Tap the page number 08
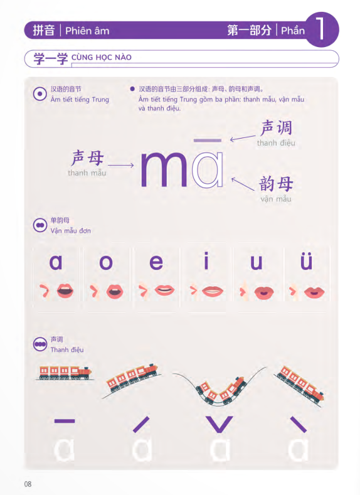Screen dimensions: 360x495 [28, 484]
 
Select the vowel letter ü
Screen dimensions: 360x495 [306, 261]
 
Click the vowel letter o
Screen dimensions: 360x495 [106, 263]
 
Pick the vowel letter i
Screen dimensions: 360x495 [206, 260]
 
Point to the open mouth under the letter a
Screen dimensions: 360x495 [65, 290]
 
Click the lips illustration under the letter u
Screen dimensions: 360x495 [264, 292]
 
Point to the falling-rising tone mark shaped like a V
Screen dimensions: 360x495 [220, 424]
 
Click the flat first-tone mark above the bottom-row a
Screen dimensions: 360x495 [65, 421]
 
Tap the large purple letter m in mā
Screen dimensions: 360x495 [164, 169]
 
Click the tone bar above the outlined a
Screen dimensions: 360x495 [208, 140]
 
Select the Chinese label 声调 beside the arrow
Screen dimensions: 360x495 [277, 128]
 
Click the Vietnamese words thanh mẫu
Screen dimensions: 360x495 [87, 173]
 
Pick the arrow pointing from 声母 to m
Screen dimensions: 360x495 [121, 165]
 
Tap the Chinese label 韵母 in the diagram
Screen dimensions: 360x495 [276, 184]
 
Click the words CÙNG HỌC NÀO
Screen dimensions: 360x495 [101, 58]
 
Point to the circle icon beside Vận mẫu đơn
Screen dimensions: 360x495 [40, 225]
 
